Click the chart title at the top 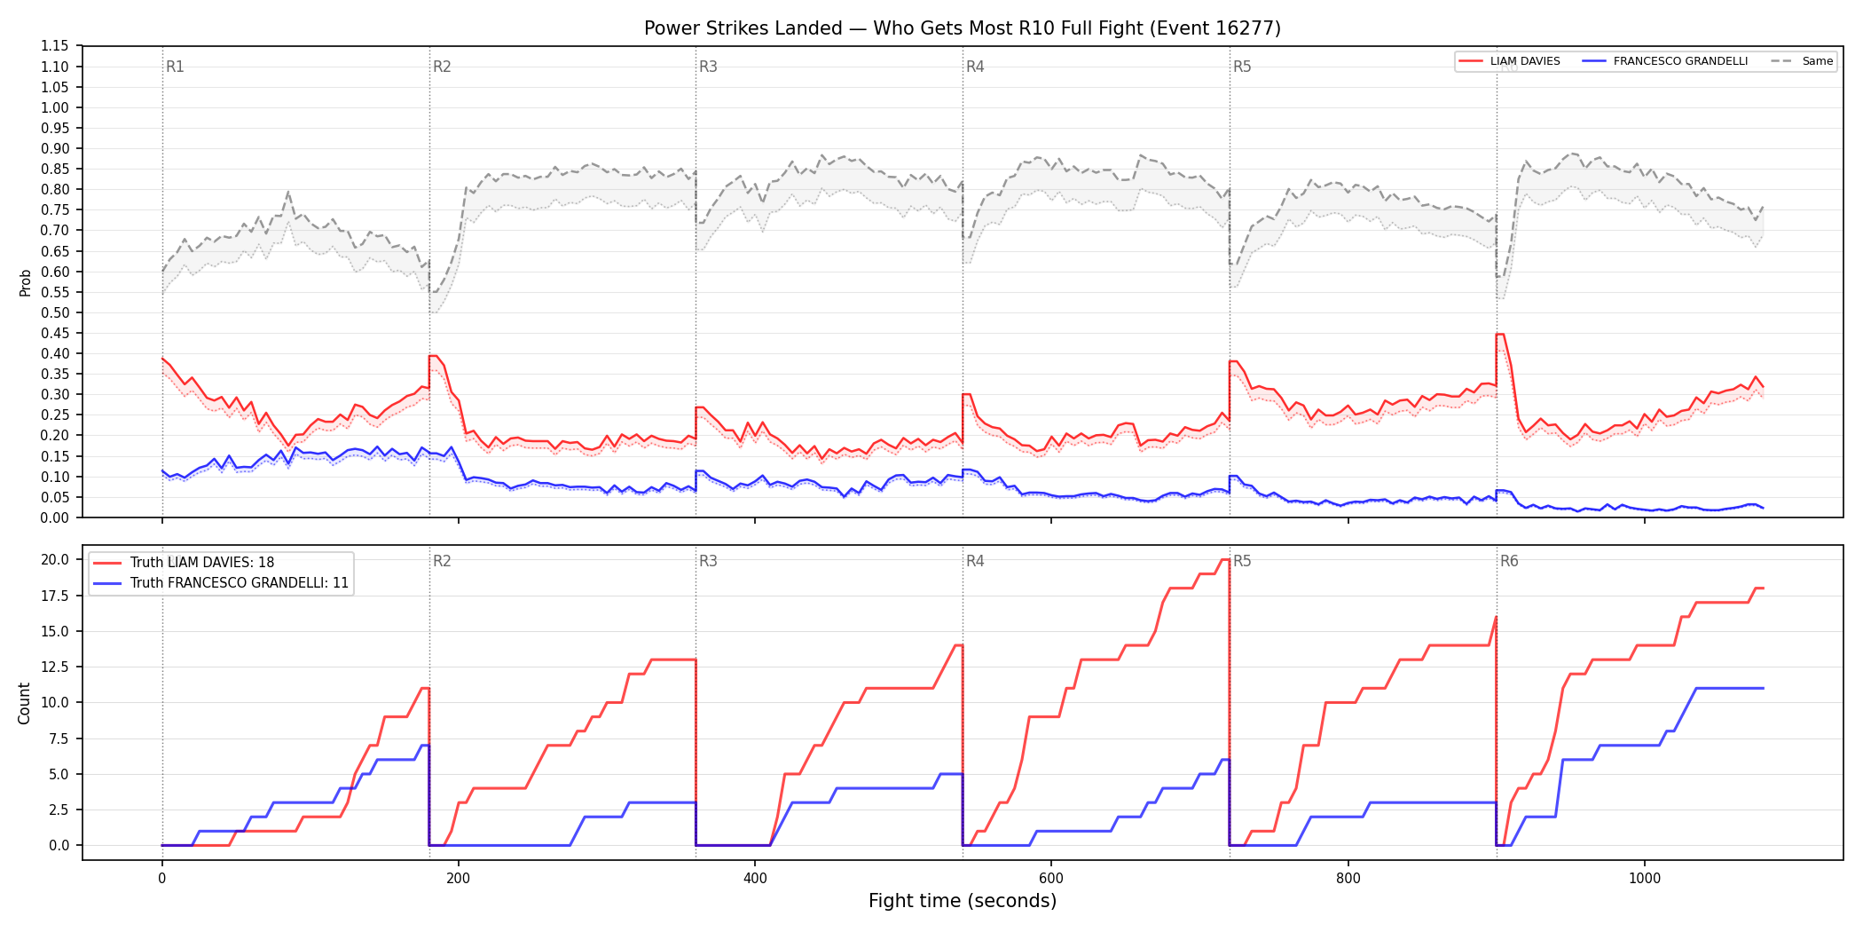(963, 28)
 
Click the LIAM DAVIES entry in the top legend (1509, 61)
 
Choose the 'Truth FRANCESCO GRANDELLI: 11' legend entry (221, 583)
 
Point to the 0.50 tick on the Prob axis (55, 312)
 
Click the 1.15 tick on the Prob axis (55, 46)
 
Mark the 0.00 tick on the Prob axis (55, 517)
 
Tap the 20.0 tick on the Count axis (55, 559)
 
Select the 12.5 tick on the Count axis (55, 667)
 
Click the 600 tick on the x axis (1051, 879)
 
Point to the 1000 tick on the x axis (1645, 879)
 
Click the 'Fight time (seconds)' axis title (963, 901)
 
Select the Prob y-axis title (26, 282)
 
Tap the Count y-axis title (24, 703)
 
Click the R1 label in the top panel (175, 67)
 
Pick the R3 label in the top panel (708, 67)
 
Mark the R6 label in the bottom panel (1509, 561)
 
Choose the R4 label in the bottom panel (975, 561)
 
